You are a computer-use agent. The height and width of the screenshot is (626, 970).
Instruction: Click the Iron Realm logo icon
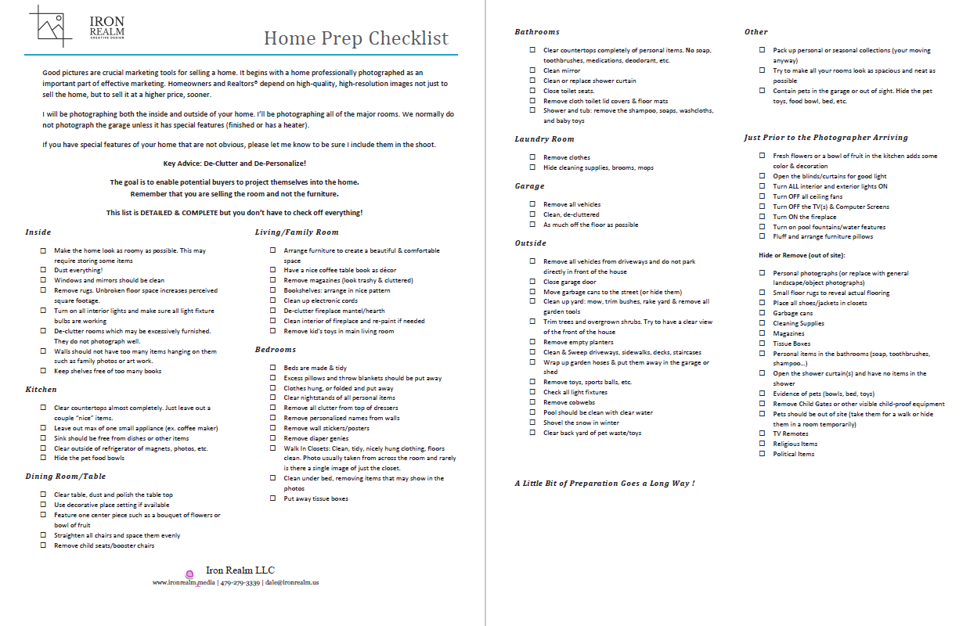[x=55, y=27]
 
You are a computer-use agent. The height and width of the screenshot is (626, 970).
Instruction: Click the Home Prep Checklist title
[x=356, y=38]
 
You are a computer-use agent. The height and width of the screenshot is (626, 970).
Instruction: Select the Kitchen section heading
[x=41, y=389]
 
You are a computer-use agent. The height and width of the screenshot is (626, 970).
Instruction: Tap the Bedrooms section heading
[x=275, y=349]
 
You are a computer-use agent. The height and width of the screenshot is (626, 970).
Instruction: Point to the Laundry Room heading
[x=544, y=139]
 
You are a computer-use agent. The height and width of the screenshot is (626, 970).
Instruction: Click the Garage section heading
[x=530, y=186]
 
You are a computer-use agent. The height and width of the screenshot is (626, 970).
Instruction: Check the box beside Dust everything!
[x=43, y=270]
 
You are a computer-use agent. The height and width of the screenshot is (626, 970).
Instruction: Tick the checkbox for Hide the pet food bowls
[x=43, y=458]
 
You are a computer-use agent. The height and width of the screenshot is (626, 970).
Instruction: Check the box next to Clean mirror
[x=532, y=70]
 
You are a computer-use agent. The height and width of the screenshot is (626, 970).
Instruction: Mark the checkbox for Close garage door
[x=532, y=282]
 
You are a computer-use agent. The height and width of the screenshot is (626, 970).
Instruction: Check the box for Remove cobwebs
[x=532, y=402]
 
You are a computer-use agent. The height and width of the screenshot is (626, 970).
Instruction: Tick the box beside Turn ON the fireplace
[x=763, y=217]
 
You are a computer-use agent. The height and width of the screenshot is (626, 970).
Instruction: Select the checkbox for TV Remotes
[x=763, y=434]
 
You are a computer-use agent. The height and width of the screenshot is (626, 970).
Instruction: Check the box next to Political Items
[x=763, y=454]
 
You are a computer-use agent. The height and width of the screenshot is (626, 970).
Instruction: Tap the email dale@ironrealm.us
[x=292, y=582]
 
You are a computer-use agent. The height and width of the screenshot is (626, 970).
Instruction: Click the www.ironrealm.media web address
[x=184, y=582]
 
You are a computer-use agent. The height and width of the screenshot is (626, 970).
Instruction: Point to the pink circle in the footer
[x=189, y=574]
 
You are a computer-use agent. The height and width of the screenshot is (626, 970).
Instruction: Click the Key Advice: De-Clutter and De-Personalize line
[x=235, y=164]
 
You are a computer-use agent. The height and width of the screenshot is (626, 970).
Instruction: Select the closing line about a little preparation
[x=604, y=483]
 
